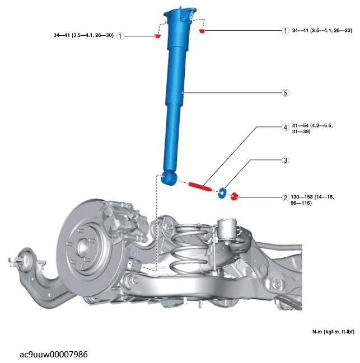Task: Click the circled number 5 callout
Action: (286, 93)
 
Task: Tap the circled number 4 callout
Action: (286, 127)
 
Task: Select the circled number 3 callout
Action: (286, 160)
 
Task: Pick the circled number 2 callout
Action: (286, 197)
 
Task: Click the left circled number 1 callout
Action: (120, 36)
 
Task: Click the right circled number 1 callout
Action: (286, 30)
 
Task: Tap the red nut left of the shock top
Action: (157, 36)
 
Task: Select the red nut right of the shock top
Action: (202, 31)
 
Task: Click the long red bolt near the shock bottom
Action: (200, 186)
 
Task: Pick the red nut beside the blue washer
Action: (235, 196)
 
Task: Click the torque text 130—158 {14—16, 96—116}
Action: (312, 200)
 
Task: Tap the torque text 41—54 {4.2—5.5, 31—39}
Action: (312, 129)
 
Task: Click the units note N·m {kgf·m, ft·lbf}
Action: (333, 332)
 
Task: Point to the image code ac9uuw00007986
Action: (54, 355)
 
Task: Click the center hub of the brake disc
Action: (82, 248)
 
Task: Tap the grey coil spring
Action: (191, 248)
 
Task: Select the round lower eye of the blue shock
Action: (169, 178)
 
